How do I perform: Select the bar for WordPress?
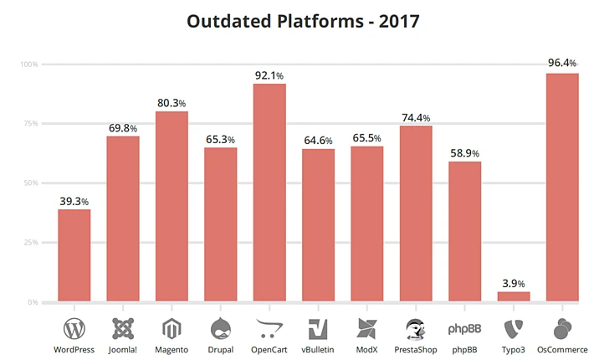pyautogui.click(x=74, y=255)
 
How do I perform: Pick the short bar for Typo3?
pyautogui.click(x=513, y=296)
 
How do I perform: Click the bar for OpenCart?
pyautogui.click(x=269, y=192)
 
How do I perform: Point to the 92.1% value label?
pyautogui.click(x=269, y=76)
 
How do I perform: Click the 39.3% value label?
pyautogui.click(x=74, y=201)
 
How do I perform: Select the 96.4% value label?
pyautogui.click(x=562, y=63)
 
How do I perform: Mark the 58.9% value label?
pyautogui.click(x=464, y=154)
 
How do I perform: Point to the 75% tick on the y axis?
pyautogui.click(x=30, y=123)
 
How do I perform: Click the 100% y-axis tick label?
pyautogui.click(x=28, y=64)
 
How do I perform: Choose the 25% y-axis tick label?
pyautogui.click(x=30, y=242)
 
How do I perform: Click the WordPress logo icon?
pyautogui.click(x=74, y=327)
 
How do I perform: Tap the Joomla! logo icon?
pyautogui.click(x=123, y=327)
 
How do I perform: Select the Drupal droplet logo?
pyautogui.click(x=221, y=327)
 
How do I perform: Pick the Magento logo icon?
pyautogui.click(x=172, y=327)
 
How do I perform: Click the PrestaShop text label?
pyautogui.click(x=416, y=349)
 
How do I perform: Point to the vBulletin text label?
pyautogui.click(x=318, y=349)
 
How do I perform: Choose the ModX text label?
pyautogui.click(x=366, y=349)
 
